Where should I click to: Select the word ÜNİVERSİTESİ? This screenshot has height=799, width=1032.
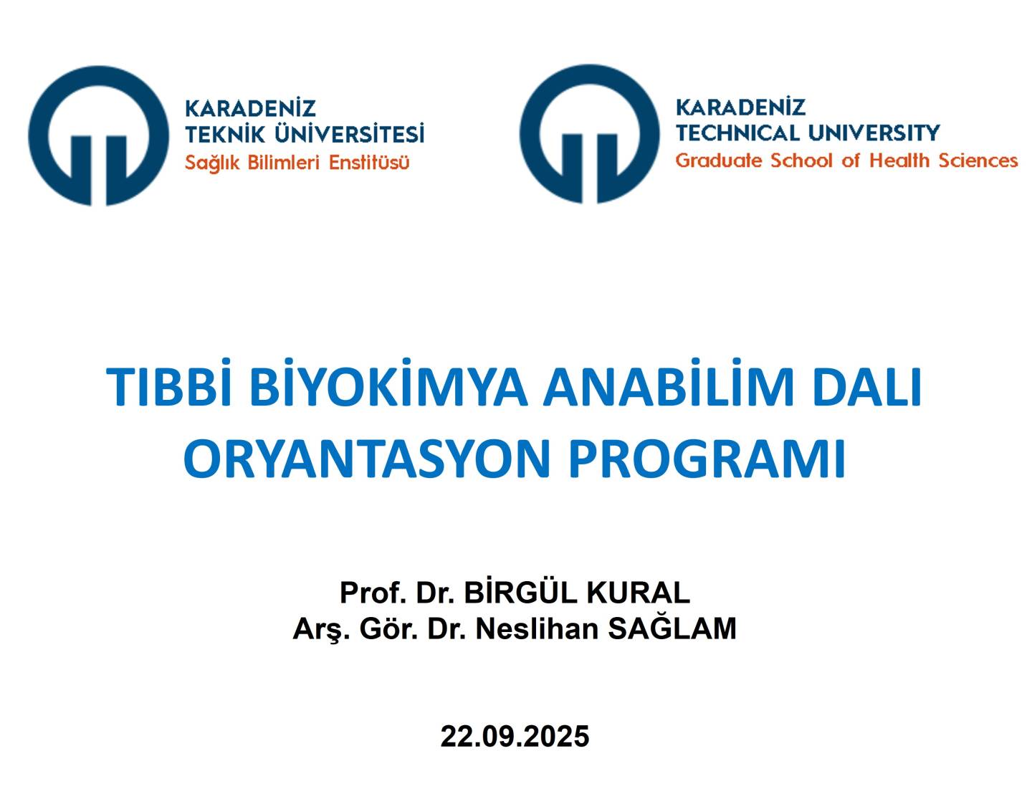(349, 133)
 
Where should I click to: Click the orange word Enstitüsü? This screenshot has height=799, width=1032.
(369, 163)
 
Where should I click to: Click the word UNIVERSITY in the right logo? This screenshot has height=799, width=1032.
(874, 133)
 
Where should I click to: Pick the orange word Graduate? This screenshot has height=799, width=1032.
(719, 161)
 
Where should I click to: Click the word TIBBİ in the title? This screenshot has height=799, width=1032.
(168, 385)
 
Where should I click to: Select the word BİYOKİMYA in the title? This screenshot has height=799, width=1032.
(388, 385)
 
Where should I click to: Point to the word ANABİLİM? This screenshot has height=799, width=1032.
(668, 385)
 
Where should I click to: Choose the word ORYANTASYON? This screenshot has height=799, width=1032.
(367, 458)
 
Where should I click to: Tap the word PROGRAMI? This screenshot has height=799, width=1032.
(707, 458)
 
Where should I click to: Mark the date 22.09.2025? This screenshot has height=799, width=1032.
(515, 737)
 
